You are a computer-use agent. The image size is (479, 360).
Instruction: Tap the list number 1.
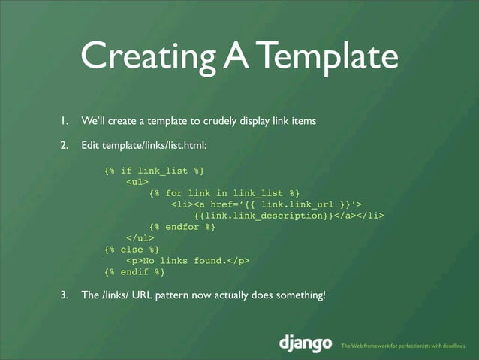pyautogui.click(x=65, y=120)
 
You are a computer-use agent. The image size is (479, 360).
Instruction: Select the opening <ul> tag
pyautogui.click(x=137, y=182)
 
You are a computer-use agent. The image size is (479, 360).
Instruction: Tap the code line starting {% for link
pyautogui.click(x=224, y=193)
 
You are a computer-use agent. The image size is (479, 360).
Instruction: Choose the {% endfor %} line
pyautogui.click(x=182, y=227)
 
